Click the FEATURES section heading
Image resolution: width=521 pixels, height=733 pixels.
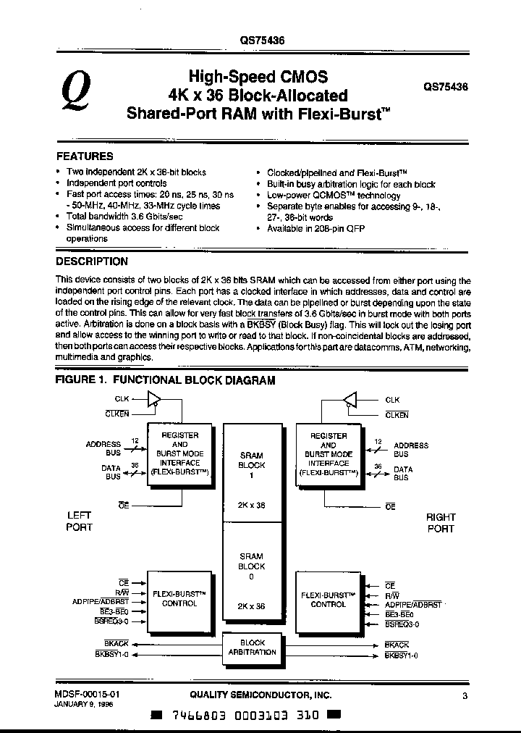click(85, 156)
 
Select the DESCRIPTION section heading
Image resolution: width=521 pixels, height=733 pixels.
click(92, 261)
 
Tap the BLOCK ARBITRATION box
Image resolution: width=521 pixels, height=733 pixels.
click(253, 648)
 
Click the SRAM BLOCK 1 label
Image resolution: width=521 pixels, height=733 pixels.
click(252, 465)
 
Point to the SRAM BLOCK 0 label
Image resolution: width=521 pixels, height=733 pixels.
click(252, 566)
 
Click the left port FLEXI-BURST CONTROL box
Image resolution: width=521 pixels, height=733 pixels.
click(179, 599)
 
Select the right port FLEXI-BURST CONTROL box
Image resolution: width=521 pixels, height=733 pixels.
click(328, 599)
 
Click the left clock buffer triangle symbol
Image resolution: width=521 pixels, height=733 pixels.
click(154, 399)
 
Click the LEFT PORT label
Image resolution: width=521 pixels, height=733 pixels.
click(79, 522)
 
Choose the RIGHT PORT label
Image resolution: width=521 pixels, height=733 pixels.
click(440, 523)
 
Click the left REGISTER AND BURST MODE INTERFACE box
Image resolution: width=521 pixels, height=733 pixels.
click(179, 453)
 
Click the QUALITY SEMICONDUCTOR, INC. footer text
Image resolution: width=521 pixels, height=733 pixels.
click(260, 695)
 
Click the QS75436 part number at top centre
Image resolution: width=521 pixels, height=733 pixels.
click(262, 42)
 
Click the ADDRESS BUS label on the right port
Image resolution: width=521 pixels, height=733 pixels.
click(411, 449)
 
